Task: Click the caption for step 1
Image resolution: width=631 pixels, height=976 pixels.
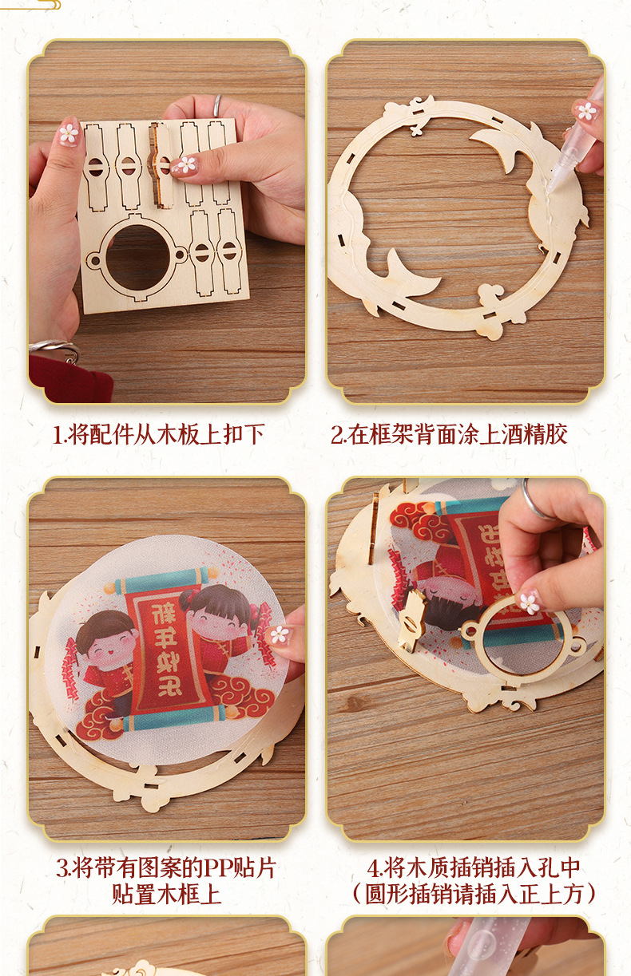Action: pyautogui.click(x=158, y=435)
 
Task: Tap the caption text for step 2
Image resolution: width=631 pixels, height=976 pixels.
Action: pyautogui.click(x=449, y=435)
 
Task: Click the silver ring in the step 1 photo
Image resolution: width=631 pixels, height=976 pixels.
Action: pyautogui.click(x=217, y=105)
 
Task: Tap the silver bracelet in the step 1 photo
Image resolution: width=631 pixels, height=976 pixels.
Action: pyautogui.click(x=54, y=349)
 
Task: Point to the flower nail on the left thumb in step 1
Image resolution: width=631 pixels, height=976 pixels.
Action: pyautogui.click(x=69, y=133)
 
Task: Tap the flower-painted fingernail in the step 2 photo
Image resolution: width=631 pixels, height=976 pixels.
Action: pyautogui.click(x=587, y=111)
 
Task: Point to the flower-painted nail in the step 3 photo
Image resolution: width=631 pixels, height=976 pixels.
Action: pyautogui.click(x=279, y=634)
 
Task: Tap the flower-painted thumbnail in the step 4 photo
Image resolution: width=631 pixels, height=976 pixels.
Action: pyautogui.click(x=529, y=602)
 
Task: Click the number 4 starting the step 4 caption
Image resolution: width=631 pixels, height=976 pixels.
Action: pyautogui.click(x=373, y=868)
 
